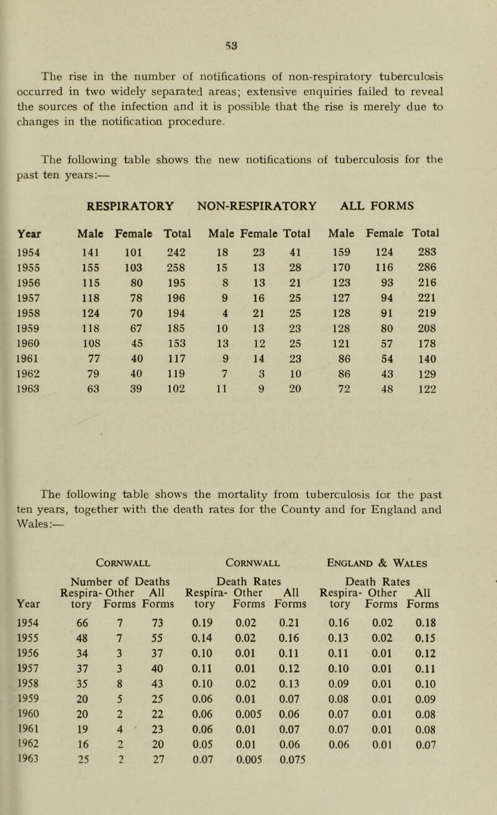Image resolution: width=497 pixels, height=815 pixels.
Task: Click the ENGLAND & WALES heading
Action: (x=400, y=563)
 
